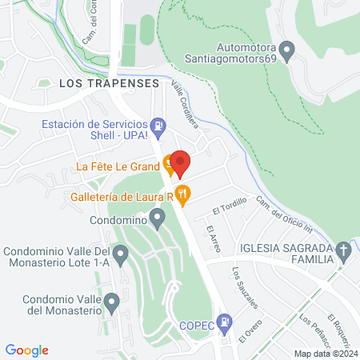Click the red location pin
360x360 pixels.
point(180,163)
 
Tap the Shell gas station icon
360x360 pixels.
point(159,126)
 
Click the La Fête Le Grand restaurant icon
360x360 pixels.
point(169,166)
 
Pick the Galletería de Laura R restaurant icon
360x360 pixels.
point(182,193)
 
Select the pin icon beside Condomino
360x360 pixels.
point(158,217)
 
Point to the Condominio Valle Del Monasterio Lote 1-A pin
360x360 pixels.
point(120,256)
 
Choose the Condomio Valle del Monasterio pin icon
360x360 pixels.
point(113,302)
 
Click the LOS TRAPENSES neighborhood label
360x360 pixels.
point(106,82)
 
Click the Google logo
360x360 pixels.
point(27,350)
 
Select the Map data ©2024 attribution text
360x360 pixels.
point(325,354)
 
